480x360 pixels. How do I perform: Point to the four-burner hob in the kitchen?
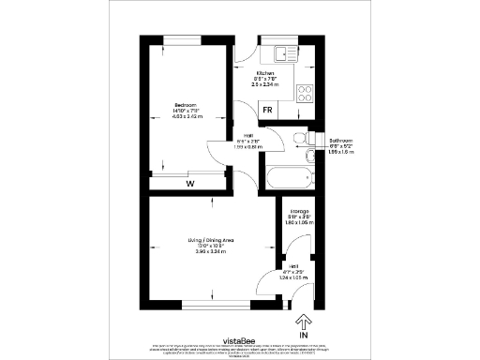[x=306, y=92]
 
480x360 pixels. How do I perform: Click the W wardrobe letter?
[x=189, y=184]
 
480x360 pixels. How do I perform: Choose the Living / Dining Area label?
[x=210, y=242]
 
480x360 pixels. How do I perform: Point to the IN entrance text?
[x=302, y=335]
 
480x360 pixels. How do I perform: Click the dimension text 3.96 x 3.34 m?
[x=210, y=254]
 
